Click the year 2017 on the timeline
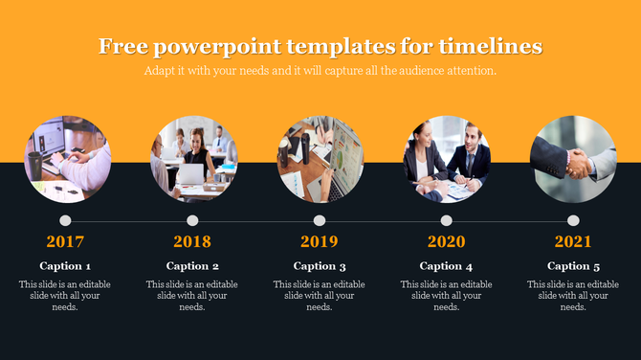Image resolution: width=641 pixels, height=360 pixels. click(65, 242)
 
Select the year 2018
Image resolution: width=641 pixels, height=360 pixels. click(192, 242)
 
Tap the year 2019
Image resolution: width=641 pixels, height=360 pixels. click(320, 242)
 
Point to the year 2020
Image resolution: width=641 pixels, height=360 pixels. click(446, 242)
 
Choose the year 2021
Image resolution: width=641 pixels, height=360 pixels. click(573, 242)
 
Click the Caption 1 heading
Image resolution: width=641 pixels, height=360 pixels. click(65, 266)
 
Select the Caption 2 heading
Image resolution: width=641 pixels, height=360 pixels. click(192, 266)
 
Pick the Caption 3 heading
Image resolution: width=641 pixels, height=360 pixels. click(320, 266)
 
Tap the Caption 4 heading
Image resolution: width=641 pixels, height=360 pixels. click(446, 266)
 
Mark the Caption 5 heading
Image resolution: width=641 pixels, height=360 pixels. click(573, 266)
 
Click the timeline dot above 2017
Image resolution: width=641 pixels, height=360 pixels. click(65, 221)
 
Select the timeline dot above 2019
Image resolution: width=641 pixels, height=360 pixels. click(320, 221)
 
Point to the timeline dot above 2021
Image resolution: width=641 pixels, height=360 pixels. click(573, 221)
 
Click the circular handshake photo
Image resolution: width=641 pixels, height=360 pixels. click(573, 159)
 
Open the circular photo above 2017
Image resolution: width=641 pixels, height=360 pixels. click(66, 159)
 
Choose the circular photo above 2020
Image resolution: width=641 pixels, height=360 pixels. click(446, 159)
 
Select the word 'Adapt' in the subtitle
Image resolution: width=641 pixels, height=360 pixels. click(160, 72)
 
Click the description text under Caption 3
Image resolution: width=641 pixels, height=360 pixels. click(320, 296)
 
